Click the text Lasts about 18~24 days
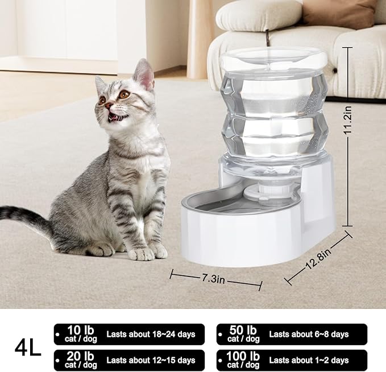pyautogui.click(x=150, y=334)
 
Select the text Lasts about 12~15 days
pyautogui.click(x=150, y=360)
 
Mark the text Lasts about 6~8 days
pyautogui.click(x=309, y=334)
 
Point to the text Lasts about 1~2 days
pyautogui.click(x=309, y=360)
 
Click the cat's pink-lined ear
pyautogui.click(x=144, y=74)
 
